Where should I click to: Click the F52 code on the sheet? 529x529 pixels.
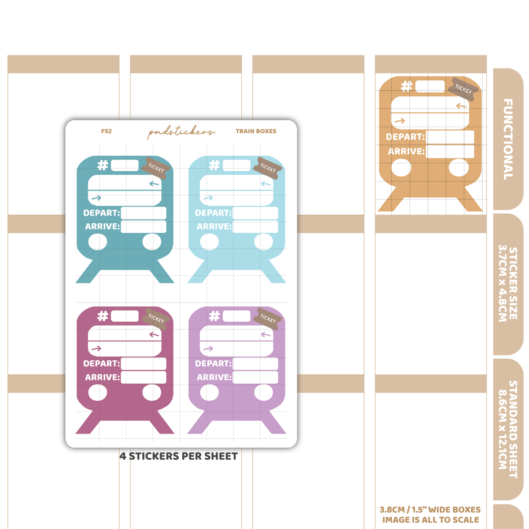tap(106, 131)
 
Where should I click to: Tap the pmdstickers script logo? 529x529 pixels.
tap(181, 132)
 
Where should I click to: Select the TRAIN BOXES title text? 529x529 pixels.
tap(256, 131)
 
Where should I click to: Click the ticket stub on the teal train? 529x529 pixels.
tap(156, 168)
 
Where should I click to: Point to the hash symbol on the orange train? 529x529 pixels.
tap(406, 86)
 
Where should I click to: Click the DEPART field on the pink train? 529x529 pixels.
tap(143, 364)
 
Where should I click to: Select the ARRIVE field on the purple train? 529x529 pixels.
tap(255, 377)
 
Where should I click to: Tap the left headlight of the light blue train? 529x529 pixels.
tap(209, 242)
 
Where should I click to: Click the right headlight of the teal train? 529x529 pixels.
tap(152, 242)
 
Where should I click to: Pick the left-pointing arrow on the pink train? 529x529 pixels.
tap(154, 335)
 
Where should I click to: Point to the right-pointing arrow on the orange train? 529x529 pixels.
tap(400, 121)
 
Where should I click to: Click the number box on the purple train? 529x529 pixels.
tap(236, 316)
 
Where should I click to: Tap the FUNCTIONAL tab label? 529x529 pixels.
tap(508, 139)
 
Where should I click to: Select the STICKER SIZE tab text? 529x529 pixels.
tap(508, 283)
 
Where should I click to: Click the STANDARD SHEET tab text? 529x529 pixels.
tap(508, 429)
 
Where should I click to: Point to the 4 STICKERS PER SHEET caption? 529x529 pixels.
tap(178, 456)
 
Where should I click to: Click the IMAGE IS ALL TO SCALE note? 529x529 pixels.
tap(431, 520)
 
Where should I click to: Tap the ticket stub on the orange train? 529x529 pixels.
tap(463, 89)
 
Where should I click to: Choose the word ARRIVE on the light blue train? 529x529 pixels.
tap(214, 227)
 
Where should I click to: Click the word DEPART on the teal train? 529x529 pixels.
tap(101, 213)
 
